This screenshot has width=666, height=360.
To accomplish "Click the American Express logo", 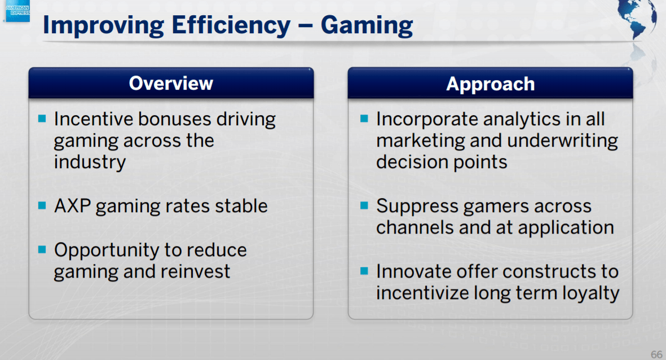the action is pos(17,10).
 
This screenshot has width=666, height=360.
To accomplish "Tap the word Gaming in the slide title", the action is pos(367,25).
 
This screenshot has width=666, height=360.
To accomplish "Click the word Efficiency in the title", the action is pos(231,25).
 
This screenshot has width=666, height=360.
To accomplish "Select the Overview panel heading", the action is pos(171,84).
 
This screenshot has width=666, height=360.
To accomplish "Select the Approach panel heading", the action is pos(491,84).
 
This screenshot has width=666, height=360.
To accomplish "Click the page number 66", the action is pos(656,354).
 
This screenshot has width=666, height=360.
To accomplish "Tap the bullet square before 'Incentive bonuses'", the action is pos(42,118).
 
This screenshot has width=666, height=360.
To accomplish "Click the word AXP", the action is pos(72,206).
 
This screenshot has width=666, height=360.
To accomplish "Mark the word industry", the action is pos(90,163).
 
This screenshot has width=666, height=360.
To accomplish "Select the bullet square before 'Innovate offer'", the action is pos(364,271).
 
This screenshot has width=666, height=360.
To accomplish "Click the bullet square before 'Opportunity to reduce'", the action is pos(42,249).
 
